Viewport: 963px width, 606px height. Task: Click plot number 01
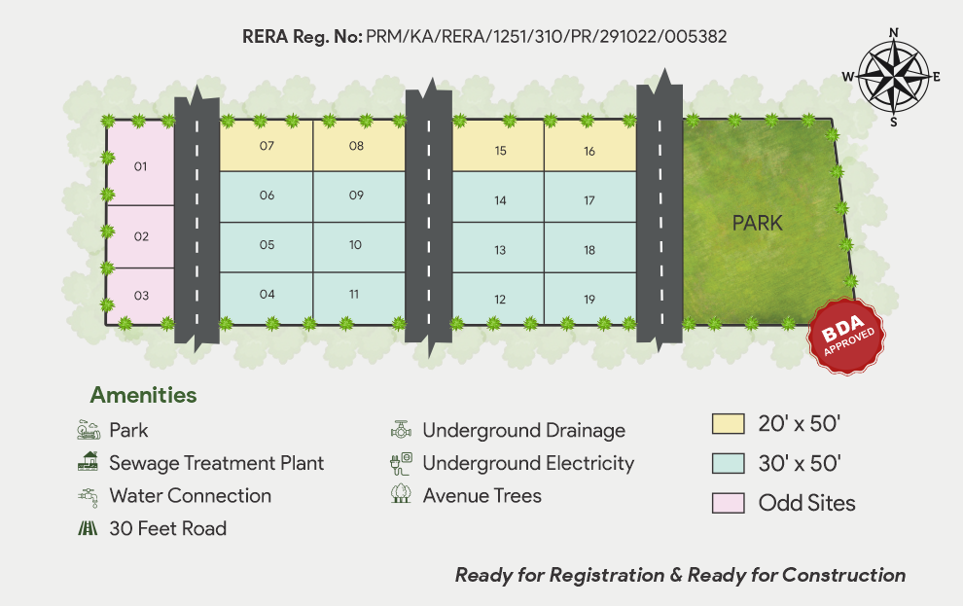coord(140,166)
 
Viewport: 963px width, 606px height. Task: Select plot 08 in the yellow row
coord(356,146)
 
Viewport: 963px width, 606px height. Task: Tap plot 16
coord(589,151)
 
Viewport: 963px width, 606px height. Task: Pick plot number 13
coord(499,250)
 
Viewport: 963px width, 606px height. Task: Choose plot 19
coord(589,300)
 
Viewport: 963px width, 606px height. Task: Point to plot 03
coord(141,296)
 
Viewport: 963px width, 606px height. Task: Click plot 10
coord(356,245)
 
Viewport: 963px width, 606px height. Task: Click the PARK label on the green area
coord(757,223)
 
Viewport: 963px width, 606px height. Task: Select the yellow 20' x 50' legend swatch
coord(728,424)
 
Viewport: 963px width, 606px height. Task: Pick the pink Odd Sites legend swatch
coord(728,503)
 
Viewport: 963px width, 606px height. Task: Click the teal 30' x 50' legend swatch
coord(728,463)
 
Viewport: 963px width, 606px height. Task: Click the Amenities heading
coord(143,395)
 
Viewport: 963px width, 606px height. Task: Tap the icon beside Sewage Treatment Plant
coord(88,462)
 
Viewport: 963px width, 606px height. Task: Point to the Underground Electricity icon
coord(401,463)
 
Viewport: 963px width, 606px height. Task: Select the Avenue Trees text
coord(481,495)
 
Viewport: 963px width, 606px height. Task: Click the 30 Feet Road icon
coord(88,528)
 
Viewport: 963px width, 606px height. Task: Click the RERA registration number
coord(546,37)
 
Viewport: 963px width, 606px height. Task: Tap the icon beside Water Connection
coord(88,495)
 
